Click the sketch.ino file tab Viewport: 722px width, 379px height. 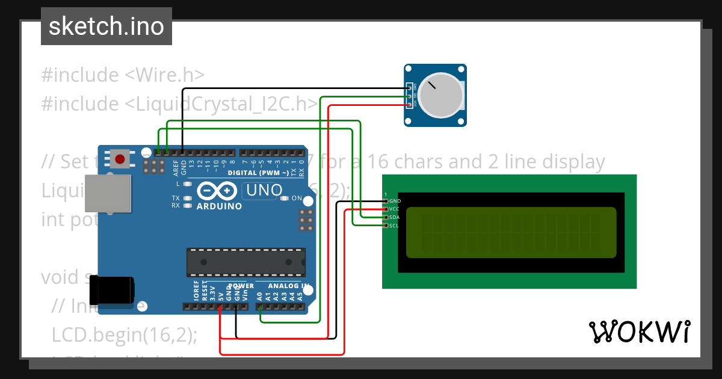point(106,26)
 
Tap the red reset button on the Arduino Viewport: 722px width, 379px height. point(120,159)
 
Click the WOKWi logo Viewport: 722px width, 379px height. point(639,331)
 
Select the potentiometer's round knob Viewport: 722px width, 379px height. point(441,94)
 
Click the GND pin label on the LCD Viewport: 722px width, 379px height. point(395,201)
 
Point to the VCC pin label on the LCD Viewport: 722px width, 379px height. point(395,209)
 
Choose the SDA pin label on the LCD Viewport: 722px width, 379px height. point(395,217)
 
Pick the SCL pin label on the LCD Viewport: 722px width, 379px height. point(394,226)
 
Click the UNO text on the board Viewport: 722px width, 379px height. point(263,191)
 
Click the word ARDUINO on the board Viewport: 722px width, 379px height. point(219,206)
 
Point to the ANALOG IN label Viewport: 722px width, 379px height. point(289,286)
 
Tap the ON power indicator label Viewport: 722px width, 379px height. point(297,198)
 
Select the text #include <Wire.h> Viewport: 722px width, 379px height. point(123,75)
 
